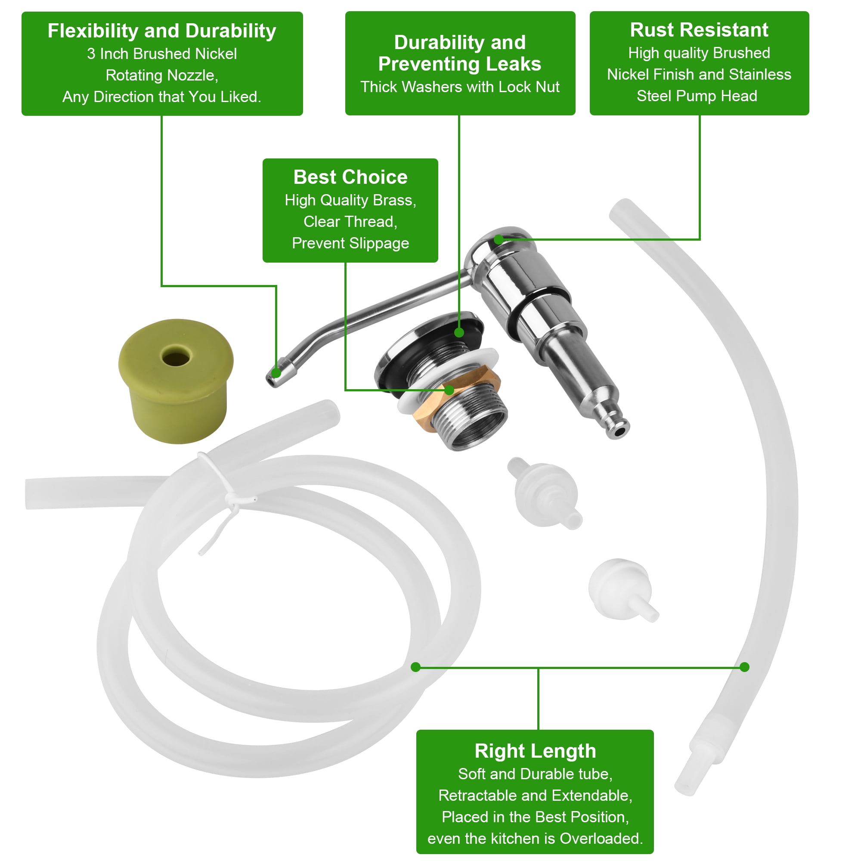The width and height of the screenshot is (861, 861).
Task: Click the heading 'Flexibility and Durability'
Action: point(162,31)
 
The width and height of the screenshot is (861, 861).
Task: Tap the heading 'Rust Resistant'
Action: point(699,30)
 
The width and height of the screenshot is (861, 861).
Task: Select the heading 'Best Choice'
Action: point(350,177)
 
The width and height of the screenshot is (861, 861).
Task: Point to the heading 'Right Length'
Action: point(535,751)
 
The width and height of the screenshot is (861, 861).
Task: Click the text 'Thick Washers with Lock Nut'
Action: point(459,87)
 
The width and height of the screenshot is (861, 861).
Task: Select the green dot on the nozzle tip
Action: point(276,373)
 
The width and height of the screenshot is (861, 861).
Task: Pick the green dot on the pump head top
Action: point(499,239)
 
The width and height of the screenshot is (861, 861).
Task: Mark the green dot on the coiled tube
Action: point(415,667)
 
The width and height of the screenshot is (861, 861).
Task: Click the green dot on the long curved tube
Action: point(744,667)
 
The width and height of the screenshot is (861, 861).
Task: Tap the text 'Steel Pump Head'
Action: point(697,96)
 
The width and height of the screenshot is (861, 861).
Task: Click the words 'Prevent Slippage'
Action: point(350,243)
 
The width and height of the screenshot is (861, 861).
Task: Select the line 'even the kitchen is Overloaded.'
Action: point(535,838)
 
